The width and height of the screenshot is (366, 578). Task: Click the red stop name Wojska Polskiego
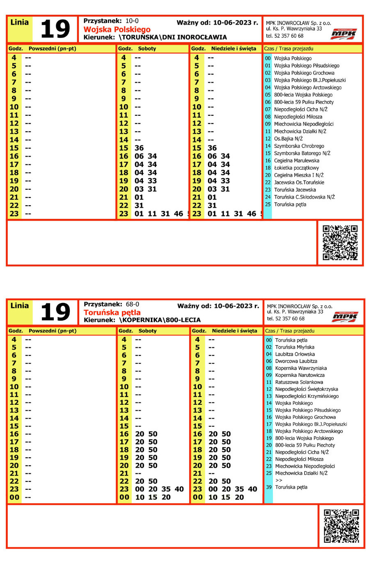point(117,30)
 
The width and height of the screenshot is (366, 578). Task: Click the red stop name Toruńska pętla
point(112,312)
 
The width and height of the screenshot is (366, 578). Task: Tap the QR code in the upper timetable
point(340,243)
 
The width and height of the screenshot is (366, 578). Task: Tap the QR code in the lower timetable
point(341,526)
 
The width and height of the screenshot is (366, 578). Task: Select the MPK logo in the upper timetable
point(344,34)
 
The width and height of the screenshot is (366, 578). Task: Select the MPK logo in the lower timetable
point(345,317)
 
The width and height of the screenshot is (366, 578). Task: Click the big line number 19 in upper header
point(55,29)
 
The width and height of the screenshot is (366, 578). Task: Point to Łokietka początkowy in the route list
point(296,168)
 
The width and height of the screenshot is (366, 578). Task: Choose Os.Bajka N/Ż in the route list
point(288,139)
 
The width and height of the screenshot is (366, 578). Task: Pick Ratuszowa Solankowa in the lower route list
point(299,382)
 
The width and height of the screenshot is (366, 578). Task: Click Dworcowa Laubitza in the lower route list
point(296,361)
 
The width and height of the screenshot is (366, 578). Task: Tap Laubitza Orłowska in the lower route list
point(295,354)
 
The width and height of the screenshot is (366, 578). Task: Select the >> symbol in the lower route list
point(279,480)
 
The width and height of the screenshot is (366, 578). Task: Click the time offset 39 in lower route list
point(269,487)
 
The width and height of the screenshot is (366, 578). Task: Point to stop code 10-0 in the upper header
point(132,21)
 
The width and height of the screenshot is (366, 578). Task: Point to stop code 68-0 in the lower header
point(132,304)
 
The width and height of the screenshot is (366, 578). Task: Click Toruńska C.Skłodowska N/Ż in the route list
point(304,197)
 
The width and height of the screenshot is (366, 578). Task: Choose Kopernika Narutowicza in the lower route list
point(300,375)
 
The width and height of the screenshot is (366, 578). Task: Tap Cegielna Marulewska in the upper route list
point(296,161)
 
